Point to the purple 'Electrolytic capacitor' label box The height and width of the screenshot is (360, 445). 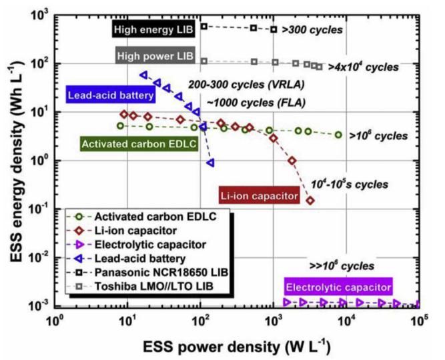[x=338, y=288]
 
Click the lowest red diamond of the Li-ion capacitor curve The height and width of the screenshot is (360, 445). [x=310, y=200]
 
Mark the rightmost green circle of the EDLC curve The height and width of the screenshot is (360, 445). [x=338, y=135]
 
